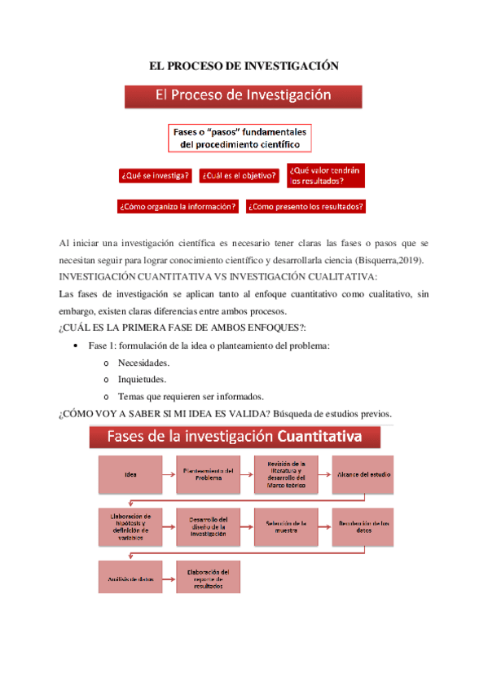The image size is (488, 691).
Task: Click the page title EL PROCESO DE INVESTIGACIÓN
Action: pos(244,64)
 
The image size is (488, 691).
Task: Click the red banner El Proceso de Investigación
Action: pos(243,95)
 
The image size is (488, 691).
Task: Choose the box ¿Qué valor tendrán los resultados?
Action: pos(325,174)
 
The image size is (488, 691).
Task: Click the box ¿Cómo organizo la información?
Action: pos(178,206)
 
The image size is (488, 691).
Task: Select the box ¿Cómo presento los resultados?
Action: pos(306,206)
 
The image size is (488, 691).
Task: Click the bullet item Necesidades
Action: pos(143,363)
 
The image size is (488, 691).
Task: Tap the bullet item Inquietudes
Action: pos(143,380)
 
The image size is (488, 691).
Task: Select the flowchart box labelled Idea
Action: pos(130,474)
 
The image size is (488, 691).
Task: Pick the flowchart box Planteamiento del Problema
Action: pos(208,474)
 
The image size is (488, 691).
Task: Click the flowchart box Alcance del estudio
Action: pos(363,474)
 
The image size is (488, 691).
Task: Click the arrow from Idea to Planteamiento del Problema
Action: pos(169,474)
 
